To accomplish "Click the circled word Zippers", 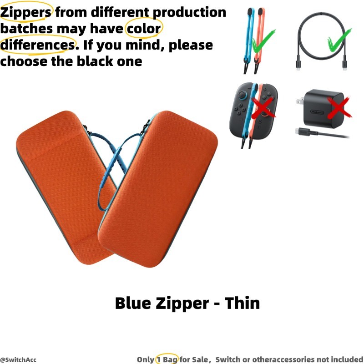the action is click(25, 12).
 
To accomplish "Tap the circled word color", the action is click(144, 29).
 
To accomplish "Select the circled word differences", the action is click(38, 45).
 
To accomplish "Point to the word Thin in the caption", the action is click(242, 303).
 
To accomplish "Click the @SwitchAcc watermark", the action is click(18, 360).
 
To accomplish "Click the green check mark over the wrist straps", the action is click(263, 42).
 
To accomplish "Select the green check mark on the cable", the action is click(339, 40).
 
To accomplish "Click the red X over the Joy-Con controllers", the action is click(263, 107).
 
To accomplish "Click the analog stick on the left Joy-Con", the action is click(242, 95).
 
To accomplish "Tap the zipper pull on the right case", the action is click(147, 126).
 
